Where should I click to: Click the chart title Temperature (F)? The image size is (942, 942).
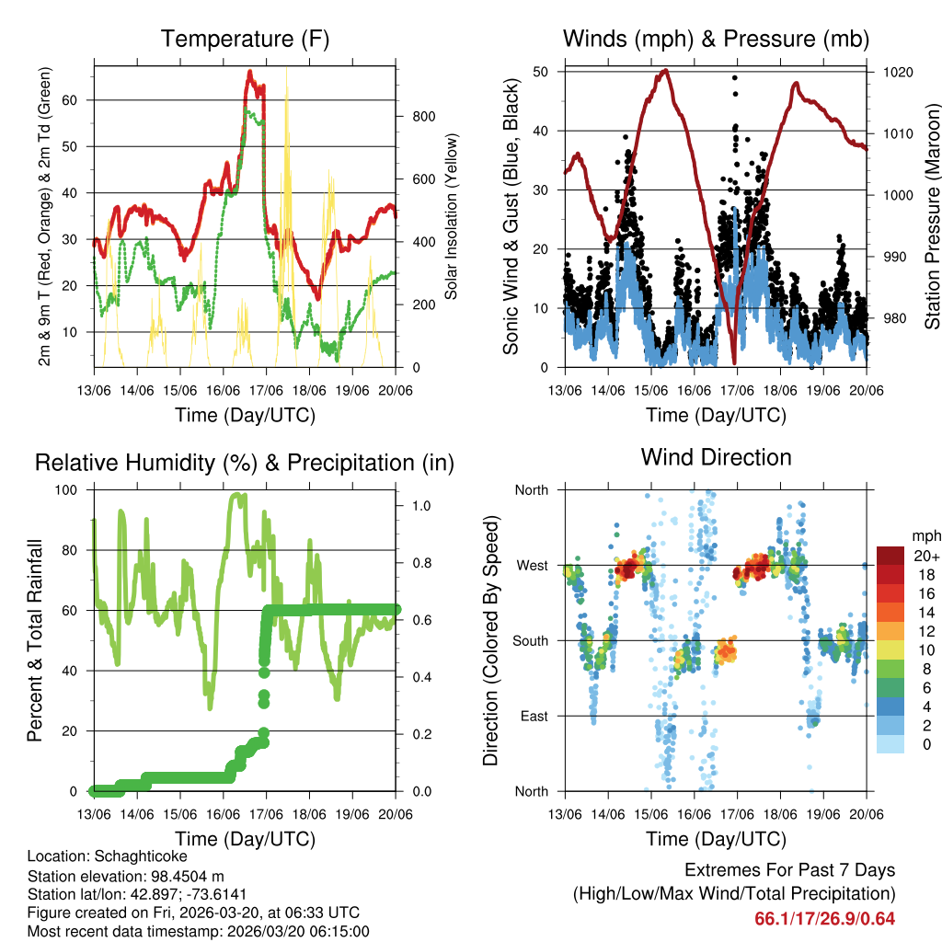245,39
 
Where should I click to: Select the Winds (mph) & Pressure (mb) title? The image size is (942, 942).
716,39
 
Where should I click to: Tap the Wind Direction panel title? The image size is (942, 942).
716,456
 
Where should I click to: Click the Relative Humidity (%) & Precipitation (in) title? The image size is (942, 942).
245,463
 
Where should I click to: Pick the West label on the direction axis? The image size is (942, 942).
532,565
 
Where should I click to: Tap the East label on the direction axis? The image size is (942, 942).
534,716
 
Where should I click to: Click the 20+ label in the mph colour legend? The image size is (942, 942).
925,556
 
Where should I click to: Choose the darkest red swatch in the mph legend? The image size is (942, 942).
890,556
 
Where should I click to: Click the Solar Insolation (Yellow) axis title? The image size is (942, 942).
452,216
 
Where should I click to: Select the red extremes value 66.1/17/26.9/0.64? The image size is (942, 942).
824,918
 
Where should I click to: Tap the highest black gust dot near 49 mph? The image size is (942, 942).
735,78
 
